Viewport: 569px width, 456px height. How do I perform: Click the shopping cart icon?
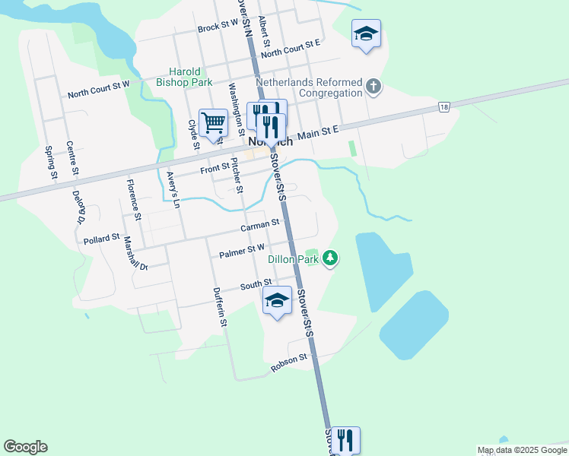[x=214, y=122]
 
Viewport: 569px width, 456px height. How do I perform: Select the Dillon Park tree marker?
[x=330, y=258]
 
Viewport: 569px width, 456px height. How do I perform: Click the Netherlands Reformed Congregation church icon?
[x=373, y=86]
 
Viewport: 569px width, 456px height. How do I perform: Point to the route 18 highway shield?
[x=443, y=108]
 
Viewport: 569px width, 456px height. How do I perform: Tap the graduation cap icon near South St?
[x=277, y=300]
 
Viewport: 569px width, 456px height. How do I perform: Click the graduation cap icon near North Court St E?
[x=366, y=33]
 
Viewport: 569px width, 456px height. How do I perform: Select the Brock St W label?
[x=218, y=27]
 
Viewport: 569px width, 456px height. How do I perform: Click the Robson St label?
[x=289, y=363]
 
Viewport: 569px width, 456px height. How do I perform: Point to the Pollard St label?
[x=102, y=239]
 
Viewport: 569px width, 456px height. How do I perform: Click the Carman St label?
[x=260, y=226]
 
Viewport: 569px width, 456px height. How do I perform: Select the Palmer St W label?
[x=242, y=249]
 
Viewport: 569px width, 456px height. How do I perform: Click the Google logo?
[x=25, y=447]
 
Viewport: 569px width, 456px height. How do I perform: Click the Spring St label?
[x=50, y=163]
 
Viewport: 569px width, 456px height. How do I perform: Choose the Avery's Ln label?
[x=173, y=190]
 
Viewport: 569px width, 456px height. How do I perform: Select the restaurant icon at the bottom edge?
[x=345, y=439]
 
